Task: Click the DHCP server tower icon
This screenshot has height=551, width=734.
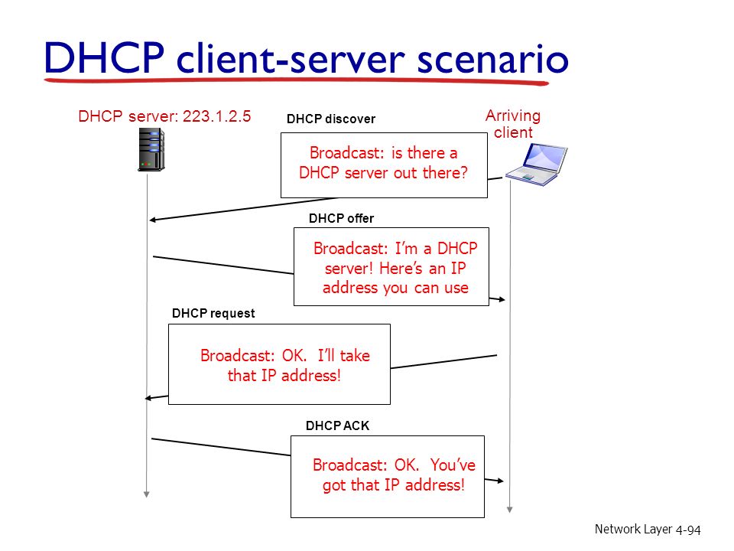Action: [151, 149]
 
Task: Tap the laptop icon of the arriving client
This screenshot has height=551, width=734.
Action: [537, 165]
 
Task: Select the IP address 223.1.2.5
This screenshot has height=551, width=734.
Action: [216, 116]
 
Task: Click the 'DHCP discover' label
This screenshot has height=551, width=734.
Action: [331, 119]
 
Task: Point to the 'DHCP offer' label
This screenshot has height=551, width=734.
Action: [341, 218]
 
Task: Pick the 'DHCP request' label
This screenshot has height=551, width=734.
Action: [213, 314]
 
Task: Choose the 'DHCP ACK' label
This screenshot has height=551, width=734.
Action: [337, 425]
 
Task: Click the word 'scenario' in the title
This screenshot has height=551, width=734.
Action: [492, 59]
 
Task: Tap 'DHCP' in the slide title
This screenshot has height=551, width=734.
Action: [104, 57]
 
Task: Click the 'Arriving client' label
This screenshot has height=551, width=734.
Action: [513, 124]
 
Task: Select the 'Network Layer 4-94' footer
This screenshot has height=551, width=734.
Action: [648, 529]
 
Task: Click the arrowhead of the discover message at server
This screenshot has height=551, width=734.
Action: [152, 220]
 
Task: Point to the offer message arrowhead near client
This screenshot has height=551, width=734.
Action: [502, 299]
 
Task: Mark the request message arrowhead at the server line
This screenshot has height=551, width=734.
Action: [148, 398]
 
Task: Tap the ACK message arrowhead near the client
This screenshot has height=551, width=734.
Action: [500, 481]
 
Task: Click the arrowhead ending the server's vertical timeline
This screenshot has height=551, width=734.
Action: [147, 494]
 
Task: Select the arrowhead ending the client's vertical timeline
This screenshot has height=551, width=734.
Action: [510, 510]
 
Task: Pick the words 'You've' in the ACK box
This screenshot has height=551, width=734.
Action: [453, 465]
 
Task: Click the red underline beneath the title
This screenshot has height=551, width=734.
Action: [297, 82]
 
